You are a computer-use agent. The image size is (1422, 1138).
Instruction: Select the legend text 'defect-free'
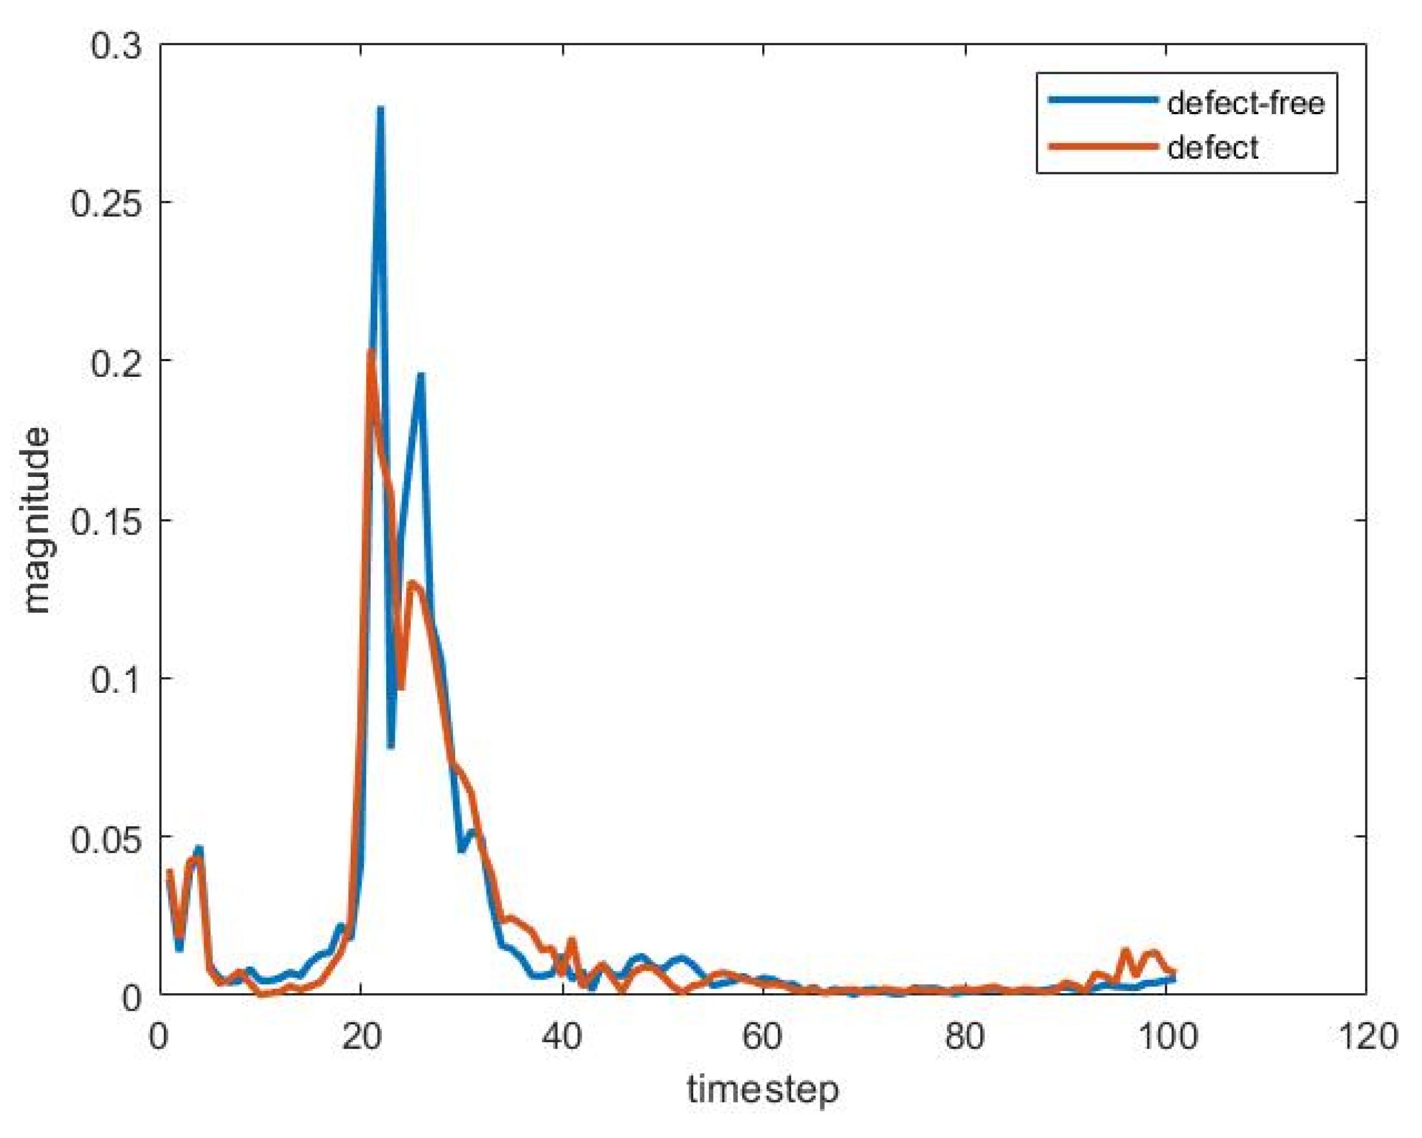(x=1245, y=103)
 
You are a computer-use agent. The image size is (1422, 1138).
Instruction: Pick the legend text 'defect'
(x=1212, y=147)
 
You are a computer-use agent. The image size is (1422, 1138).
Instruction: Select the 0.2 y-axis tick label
(x=115, y=362)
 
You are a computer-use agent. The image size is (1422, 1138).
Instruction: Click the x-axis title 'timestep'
(x=763, y=1089)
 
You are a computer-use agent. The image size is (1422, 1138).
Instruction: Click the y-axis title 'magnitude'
(x=38, y=521)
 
